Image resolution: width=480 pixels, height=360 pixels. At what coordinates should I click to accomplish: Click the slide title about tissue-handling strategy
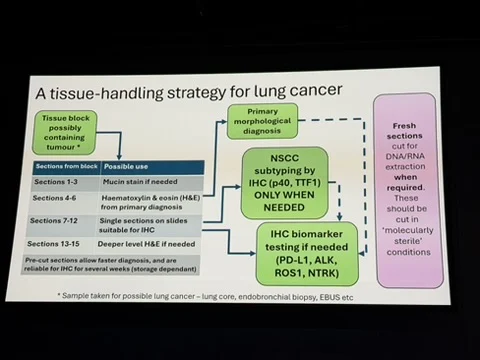coord(189,90)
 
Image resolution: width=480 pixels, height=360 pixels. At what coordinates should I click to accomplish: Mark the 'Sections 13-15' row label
coord(57,243)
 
